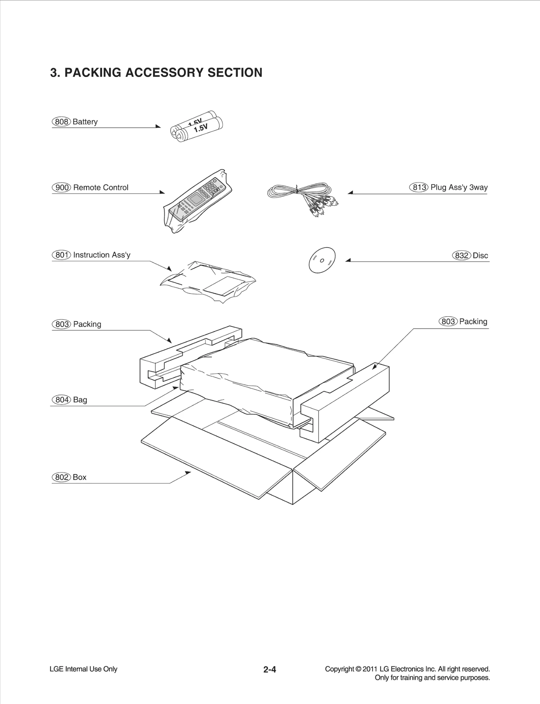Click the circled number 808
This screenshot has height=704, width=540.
pos(61,122)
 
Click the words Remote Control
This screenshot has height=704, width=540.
pos(101,187)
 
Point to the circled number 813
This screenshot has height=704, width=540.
pos(418,187)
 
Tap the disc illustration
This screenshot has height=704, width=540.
pos(322,260)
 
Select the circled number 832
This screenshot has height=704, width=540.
pos(461,255)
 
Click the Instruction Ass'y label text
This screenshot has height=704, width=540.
pos(102,255)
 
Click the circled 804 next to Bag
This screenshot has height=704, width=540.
pos(62,400)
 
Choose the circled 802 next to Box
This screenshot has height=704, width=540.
pos(61,477)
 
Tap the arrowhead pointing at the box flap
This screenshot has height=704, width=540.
pos(188,473)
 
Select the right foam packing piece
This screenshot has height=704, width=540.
pos(348,399)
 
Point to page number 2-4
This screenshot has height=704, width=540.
pos(270,669)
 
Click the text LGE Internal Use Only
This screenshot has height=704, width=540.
pos(83,669)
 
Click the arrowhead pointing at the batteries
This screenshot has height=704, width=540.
pos(158,126)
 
